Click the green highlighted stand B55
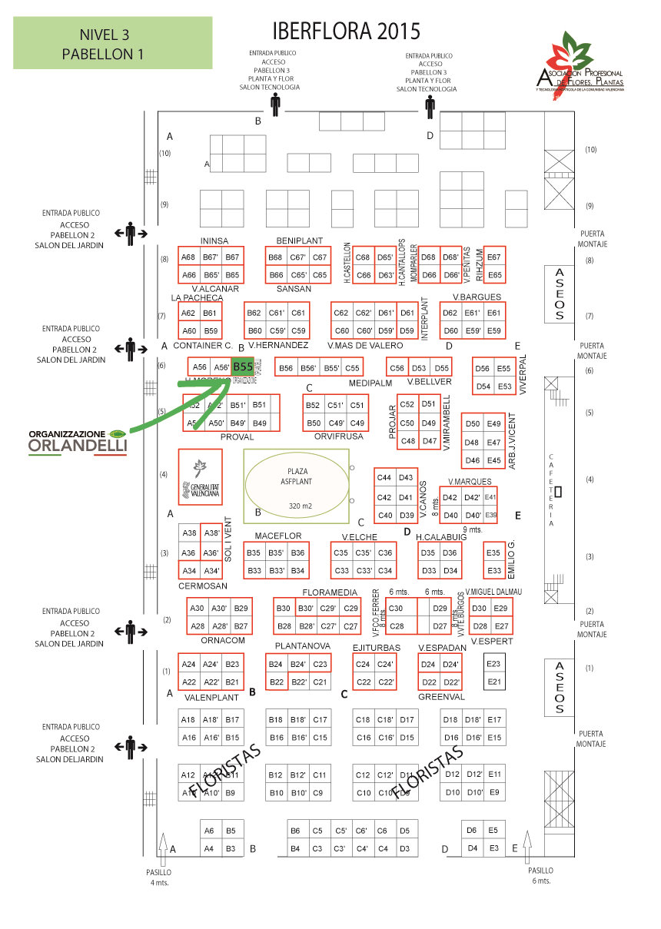[x=243, y=367]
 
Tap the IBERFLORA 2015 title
[x=347, y=32]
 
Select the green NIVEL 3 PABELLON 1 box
[x=102, y=44]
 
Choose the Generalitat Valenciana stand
[x=200, y=477]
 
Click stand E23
[x=494, y=664]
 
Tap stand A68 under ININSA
[x=188, y=257]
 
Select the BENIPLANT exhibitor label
[x=299, y=241]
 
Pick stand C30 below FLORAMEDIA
[x=396, y=609]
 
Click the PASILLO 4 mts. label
[x=159, y=878]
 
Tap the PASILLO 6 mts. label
[x=540, y=876]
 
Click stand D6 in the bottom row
[x=472, y=830]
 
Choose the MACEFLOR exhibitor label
[x=278, y=536]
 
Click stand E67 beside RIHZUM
[x=494, y=257]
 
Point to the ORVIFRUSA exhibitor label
[x=338, y=436]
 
